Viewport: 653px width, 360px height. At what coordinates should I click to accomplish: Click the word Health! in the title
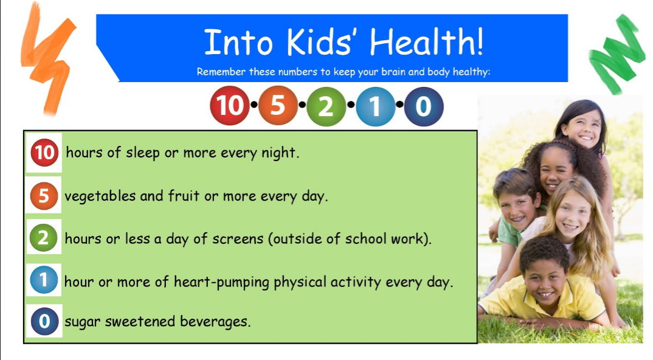(x=427, y=42)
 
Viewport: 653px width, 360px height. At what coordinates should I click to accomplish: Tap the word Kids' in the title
(x=319, y=42)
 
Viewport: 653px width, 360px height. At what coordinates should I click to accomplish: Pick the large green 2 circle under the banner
(x=326, y=106)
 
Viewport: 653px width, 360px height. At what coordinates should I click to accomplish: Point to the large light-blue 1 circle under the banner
(x=375, y=106)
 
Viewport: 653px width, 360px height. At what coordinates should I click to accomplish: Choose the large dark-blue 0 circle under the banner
(x=424, y=106)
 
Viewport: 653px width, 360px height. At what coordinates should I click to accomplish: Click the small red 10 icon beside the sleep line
(x=44, y=153)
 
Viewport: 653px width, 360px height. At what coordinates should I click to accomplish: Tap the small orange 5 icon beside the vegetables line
(x=44, y=195)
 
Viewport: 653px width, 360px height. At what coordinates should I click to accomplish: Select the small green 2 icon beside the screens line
(x=43, y=238)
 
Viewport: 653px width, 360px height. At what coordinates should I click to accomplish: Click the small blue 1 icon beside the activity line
(x=44, y=280)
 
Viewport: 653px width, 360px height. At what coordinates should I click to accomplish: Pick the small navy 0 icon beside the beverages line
(x=44, y=321)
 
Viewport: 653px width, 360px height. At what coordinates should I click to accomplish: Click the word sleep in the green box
(x=142, y=153)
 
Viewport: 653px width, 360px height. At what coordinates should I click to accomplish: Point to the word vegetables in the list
(x=100, y=196)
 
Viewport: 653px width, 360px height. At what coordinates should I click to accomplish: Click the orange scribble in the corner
(x=48, y=58)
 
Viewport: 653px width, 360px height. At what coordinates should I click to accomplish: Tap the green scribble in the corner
(x=617, y=54)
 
